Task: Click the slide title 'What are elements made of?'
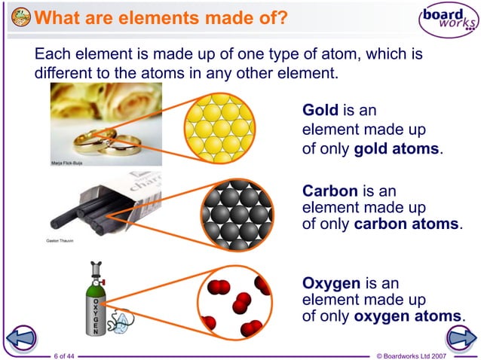pos(161,17)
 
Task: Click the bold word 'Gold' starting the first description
pos(320,111)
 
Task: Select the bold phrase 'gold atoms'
pos(396,148)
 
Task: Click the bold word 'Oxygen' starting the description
pos(331,283)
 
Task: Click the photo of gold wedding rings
pos(106,124)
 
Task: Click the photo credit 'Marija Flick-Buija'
pos(66,162)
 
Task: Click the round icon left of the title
pos(23,17)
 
